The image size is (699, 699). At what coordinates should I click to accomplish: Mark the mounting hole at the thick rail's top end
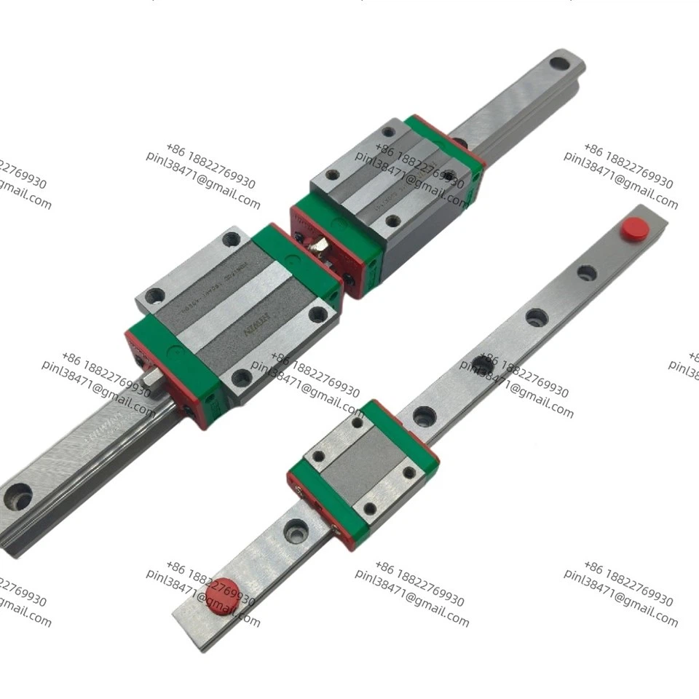coord(559,63)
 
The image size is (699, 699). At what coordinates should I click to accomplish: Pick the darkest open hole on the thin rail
coord(482,364)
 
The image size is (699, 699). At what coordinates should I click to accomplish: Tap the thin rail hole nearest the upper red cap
coord(586,273)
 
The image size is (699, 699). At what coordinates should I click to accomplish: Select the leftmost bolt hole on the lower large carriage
coord(154,296)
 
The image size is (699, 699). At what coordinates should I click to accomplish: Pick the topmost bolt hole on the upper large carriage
coord(388,132)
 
